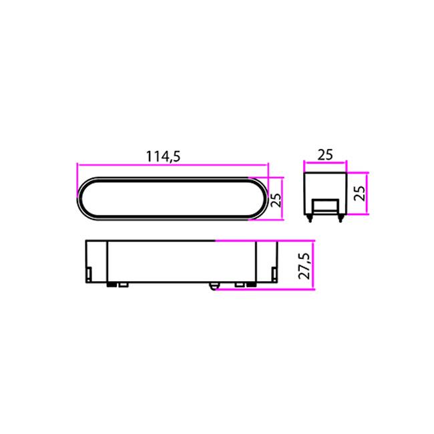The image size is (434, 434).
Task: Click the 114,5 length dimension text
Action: click(x=163, y=157)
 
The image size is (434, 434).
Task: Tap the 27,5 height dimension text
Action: click(x=304, y=265)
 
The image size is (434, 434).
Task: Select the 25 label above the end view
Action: click(x=325, y=155)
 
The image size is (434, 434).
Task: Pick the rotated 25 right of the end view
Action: click(x=360, y=193)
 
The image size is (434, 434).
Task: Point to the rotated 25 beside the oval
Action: click(x=276, y=199)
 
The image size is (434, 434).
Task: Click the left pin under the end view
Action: click(x=310, y=218)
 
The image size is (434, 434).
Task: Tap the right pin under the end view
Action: click(x=341, y=218)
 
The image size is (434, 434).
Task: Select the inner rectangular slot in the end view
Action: click(x=326, y=206)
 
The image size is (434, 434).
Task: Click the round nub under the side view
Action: click(x=213, y=286)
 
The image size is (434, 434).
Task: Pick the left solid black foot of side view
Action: click(x=112, y=284)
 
